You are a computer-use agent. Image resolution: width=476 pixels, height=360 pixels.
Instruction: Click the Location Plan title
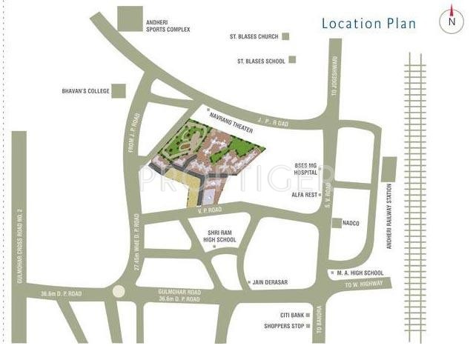368,23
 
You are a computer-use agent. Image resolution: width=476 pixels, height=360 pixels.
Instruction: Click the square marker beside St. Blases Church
285,36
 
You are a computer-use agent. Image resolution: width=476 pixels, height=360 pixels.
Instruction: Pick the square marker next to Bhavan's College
116,91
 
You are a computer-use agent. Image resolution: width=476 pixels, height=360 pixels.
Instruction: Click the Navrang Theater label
232,122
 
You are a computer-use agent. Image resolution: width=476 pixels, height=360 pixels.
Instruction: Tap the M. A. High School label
360,273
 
